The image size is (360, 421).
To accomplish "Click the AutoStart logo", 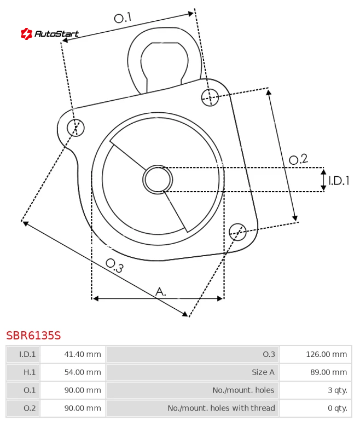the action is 50,33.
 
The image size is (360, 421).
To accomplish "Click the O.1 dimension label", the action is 123,18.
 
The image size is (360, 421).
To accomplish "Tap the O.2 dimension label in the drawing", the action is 298,159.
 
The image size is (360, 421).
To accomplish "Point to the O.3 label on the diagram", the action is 114,266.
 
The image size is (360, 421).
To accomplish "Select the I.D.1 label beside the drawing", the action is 339,181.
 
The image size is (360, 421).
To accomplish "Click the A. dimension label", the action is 161,292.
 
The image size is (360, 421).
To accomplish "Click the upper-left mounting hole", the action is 76,128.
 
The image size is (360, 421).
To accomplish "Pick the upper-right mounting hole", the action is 210,97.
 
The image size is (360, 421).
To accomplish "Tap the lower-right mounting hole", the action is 237,232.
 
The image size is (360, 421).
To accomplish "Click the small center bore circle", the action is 158,180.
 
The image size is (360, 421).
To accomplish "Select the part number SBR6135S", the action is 33,336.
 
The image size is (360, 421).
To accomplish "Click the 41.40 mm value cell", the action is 83,354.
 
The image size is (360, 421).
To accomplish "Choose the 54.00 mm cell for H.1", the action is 83,372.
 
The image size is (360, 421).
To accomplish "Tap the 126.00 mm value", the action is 327,354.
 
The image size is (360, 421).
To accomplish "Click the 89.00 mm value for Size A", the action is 329,372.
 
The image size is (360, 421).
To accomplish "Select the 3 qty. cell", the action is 338,390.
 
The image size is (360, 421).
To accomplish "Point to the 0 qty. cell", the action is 338,408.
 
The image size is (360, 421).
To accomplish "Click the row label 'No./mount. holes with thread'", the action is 222,408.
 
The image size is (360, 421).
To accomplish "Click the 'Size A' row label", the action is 263,372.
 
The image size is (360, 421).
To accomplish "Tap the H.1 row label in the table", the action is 30,372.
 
